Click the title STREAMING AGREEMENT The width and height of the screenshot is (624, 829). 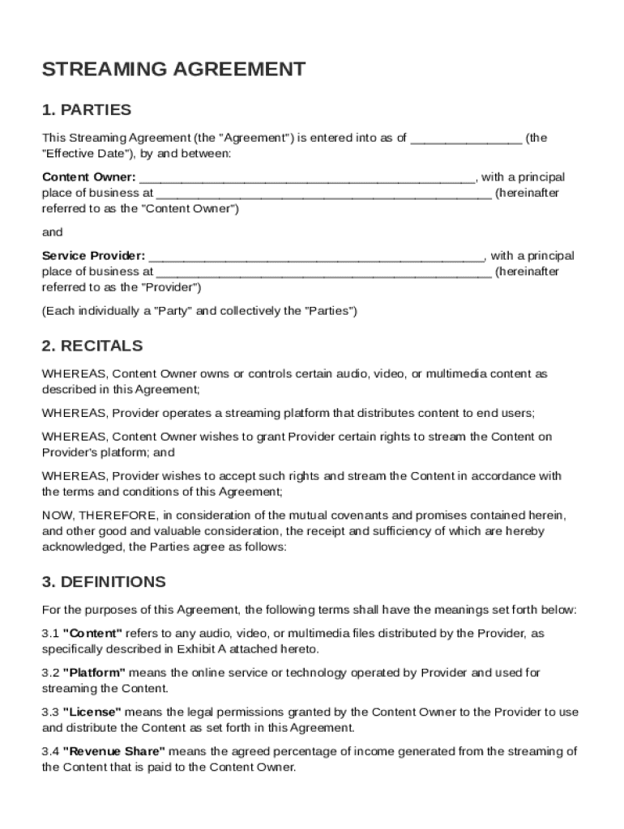(x=173, y=70)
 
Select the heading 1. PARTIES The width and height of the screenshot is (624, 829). (x=86, y=109)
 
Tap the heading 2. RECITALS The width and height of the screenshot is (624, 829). (x=92, y=346)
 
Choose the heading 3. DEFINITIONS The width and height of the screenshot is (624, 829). (x=103, y=582)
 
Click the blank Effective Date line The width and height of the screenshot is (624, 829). (x=466, y=138)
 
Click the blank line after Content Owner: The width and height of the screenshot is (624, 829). (x=307, y=177)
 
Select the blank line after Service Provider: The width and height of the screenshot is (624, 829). (x=316, y=256)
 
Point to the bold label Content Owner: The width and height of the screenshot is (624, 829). (x=88, y=177)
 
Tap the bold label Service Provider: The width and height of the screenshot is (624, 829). (x=93, y=256)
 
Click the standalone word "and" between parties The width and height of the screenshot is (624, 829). (x=52, y=232)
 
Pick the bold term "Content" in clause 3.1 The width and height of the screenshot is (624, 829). (x=92, y=633)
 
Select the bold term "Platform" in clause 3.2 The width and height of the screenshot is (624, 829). (x=94, y=673)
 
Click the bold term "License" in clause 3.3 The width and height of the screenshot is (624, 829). (x=92, y=712)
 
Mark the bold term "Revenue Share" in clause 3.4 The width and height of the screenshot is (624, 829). (x=113, y=751)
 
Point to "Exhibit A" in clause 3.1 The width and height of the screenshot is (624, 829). (x=183, y=649)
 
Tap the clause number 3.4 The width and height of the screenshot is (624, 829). (x=50, y=751)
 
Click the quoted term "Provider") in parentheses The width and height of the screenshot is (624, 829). (x=171, y=287)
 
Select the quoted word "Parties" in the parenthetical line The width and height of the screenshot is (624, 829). (x=328, y=311)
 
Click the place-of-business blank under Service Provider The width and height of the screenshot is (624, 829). (x=323, y=272)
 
